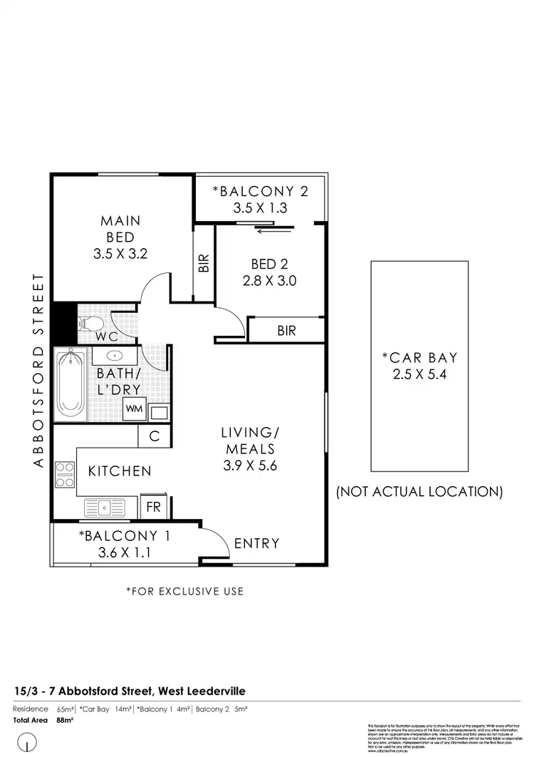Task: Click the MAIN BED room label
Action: (120, 229)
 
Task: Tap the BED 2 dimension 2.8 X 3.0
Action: (268, 281)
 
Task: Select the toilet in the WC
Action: (90, 324)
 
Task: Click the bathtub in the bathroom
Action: (70, 384)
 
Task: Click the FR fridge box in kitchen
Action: (153, 506)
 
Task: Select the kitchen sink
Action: (105, 507)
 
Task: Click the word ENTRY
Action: (257, 543)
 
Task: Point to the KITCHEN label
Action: (120, 471)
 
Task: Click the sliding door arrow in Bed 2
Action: (274, 230)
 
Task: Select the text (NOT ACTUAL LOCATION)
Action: (419, 492)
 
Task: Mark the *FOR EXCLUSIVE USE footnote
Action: (184, 591)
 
